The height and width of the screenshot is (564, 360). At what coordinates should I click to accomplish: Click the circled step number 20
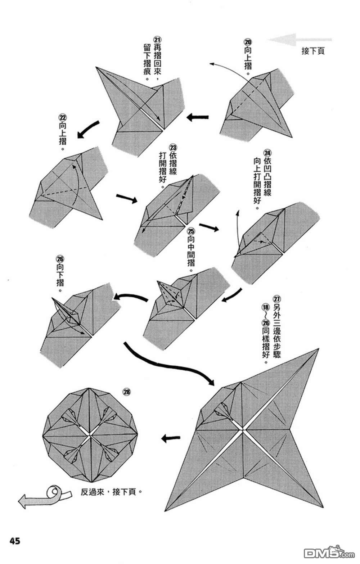pos(248,42)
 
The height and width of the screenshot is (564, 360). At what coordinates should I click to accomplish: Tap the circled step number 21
pos(157,40)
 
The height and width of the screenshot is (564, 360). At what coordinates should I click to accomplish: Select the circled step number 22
pos(62,118)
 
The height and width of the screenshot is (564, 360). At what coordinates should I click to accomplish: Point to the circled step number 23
pos(173,148)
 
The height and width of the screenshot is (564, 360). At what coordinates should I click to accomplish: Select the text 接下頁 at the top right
pos(313,51)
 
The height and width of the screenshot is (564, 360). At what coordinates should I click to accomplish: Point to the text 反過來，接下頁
pos(109,492)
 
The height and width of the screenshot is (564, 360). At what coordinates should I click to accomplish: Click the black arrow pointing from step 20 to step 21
pos(198,117)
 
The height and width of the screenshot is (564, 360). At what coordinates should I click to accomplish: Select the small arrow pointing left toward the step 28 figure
pos(170,438)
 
